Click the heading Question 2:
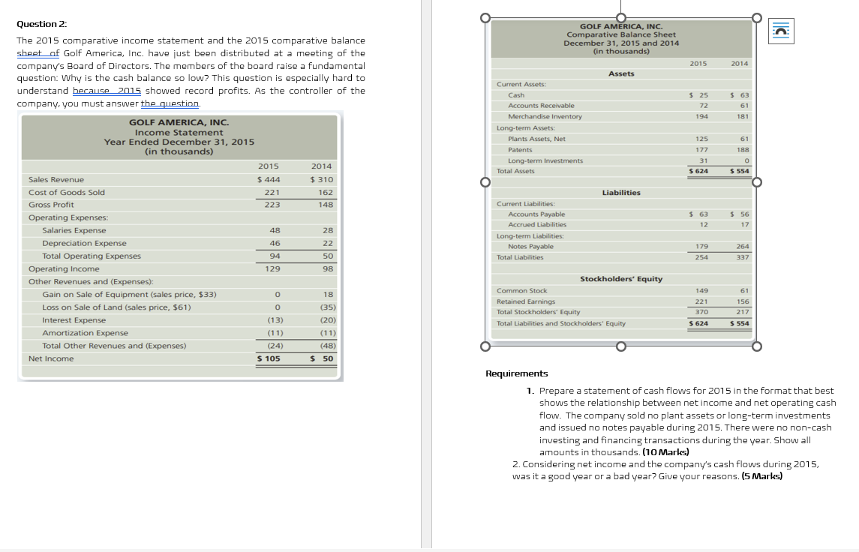(x=37, y=24)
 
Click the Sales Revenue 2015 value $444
(x=269, y=179)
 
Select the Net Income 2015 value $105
(x=269, y=358)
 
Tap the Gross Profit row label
(x=51, y=205)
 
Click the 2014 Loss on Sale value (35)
(x=326, y=307)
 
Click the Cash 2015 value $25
(x=698, y=95)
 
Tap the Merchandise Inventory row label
(x=545, y=116)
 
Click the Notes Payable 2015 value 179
(x=701, y=246)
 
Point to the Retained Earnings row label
(x=526, y=301)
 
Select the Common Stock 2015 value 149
(x=701, y=290)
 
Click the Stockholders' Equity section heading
(x=621, y=279)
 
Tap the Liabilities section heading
(x=621, y=193)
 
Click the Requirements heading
(x=517, y=373)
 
